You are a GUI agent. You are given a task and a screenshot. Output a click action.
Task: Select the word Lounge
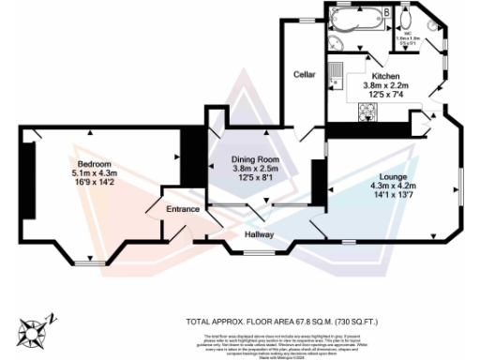click(x=393, y=176)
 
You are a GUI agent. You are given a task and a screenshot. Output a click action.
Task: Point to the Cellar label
click(x=303, y=74)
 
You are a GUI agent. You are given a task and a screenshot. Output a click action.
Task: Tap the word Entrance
click(x=182, y=208)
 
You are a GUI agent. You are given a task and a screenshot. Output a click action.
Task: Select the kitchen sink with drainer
click(x=337, y=74)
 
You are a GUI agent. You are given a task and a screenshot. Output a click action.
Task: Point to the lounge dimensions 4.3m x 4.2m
click(x=393, y=186)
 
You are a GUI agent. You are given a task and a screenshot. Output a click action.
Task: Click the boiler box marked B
click(x=388, y=11)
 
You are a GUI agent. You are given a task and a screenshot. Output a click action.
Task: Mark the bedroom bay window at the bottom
click(x=90, y=262)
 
